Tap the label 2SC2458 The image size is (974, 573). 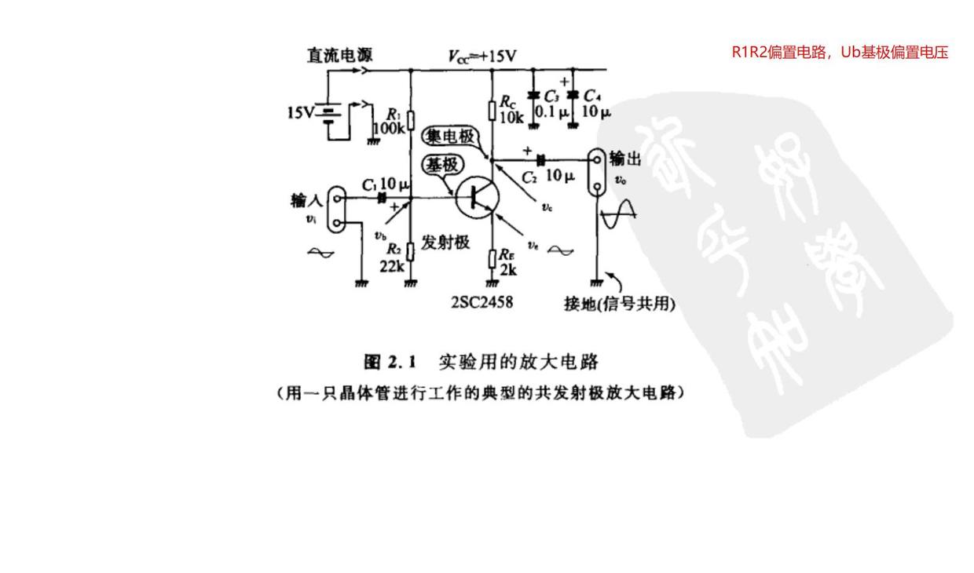482,301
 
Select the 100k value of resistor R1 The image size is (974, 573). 390,129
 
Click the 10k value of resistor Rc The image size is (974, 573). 511,118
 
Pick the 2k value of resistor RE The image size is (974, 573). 509,269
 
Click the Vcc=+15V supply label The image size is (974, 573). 482,56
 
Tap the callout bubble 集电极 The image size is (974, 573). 450,137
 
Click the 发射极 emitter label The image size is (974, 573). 445,242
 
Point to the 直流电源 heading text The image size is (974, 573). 339,55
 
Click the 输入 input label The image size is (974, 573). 306,203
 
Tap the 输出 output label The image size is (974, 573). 625,159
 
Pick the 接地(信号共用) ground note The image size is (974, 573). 619,305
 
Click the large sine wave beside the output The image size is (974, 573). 618,211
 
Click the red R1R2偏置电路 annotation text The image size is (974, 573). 840,53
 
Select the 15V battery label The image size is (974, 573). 300,112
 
